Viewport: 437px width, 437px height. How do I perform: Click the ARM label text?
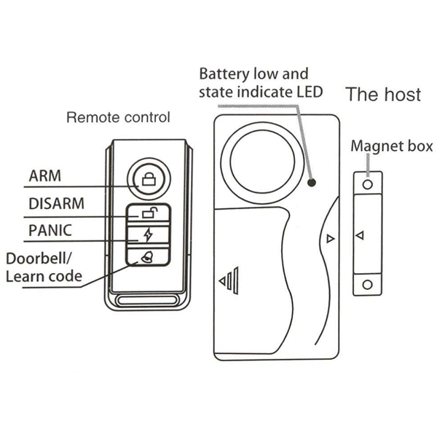tap(44, 176)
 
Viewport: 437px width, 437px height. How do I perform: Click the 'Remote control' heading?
tap(118, 117)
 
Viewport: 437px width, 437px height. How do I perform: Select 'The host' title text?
tap(382, 95)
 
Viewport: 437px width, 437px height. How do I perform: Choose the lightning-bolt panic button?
tap(149, 235)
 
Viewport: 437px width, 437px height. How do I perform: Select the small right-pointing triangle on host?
tap(330, 238)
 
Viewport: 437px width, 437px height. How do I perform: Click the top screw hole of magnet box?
tap(368, 185)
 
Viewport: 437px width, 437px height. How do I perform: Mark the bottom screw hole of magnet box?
tap(368, 283)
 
